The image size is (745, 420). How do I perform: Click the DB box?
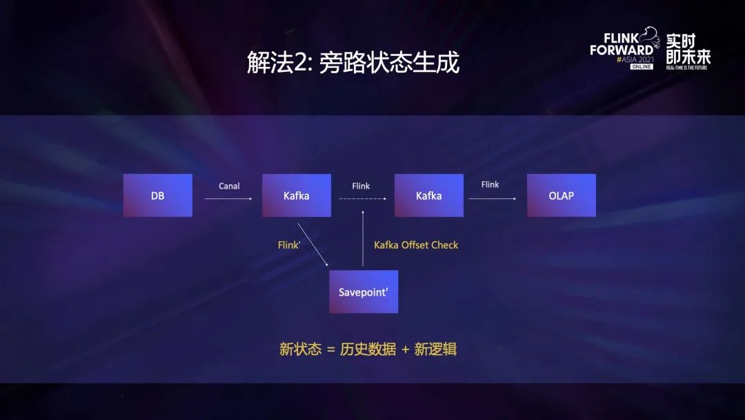coord(158,195)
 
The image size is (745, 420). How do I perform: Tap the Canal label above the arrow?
coord(229,186)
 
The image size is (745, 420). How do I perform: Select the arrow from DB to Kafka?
coord(228,199)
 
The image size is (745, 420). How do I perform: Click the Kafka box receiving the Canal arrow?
coord(297,195)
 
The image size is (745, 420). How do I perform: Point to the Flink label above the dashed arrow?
coord(361,186)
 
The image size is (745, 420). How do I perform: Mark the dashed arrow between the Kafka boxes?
coord(362,199)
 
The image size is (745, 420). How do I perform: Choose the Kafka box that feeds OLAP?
coord(428,195)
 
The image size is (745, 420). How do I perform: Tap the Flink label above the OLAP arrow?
coord(490,184)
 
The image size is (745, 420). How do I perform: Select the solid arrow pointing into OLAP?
coord(493,199)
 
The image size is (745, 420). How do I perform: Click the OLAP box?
coord(561,195)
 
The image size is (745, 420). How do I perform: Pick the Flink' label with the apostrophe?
coord(289,245)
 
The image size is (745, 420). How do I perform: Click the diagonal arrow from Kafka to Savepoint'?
coord(312,244)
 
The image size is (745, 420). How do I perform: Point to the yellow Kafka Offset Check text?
coord(416,245)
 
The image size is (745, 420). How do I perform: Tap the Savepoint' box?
coord(364,292)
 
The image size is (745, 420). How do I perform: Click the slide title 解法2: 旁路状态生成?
coord(353,63)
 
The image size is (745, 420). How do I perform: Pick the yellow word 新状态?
coord(300,349)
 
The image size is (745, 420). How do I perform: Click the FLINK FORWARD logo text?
coord(622,45)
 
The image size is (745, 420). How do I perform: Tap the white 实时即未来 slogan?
coord(688,48)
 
